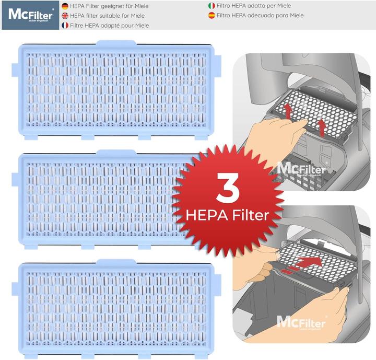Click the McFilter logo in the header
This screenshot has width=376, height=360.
coord(30,15)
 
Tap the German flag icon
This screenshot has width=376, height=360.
coord(65,6)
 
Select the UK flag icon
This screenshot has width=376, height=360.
coord(65,16)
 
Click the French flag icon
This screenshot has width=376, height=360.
coord(65,25)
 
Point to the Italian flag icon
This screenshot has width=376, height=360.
coord(211,6)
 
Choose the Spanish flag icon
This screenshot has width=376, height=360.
coord(211,15)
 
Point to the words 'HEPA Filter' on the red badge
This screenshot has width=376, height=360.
coord(228,215)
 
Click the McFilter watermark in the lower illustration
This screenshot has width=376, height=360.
coord(301,322)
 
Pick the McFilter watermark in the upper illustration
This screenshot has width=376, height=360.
coord(301,168)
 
